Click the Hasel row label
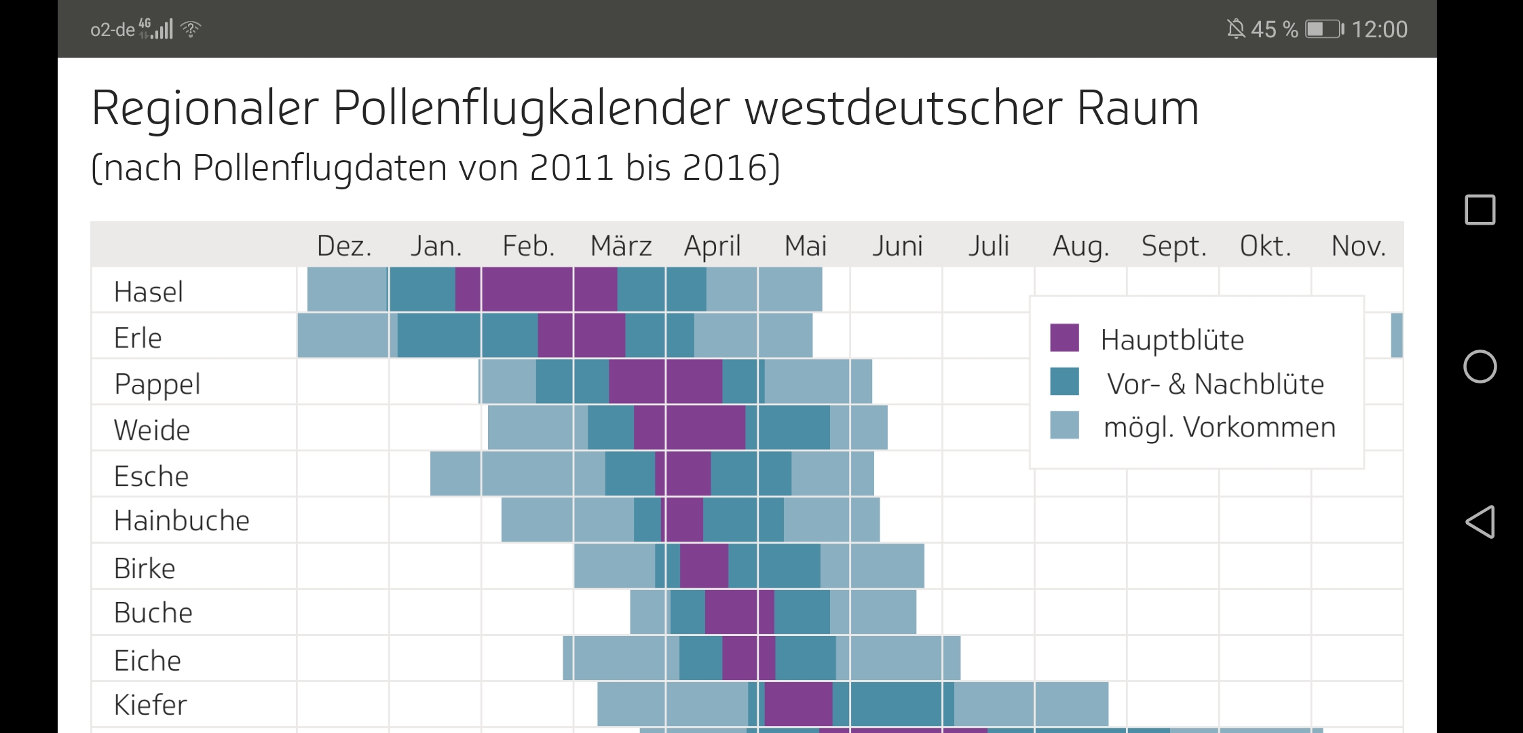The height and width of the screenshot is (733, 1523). tap(148, 292)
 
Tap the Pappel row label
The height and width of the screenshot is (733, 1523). tap(157, 384)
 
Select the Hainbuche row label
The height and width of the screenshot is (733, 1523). tap(181, 521)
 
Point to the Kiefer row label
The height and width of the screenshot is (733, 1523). tap(150, 705)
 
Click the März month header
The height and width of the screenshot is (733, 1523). tap(620, 246)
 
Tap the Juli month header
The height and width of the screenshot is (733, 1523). tap(988, 246)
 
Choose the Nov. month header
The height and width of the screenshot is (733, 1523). tap(1357, 246)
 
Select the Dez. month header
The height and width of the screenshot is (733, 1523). tap(344, 246)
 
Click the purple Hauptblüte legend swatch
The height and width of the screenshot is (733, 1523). tap(1064, 338)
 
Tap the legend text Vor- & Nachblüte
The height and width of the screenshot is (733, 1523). tap(1215, 384)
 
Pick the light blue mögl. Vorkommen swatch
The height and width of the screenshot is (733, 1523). tap(1064, 426)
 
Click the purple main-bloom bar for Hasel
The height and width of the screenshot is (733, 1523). tap(536, 290)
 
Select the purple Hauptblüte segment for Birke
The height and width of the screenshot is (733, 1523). tap(704, 566)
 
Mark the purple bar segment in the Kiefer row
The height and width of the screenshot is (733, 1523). tap(798, 704)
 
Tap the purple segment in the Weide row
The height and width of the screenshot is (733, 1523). tap(690, 428)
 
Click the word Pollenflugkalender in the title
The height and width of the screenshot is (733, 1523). tap(531, 109)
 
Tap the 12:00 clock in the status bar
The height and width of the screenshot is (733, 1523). tap(1379, 29)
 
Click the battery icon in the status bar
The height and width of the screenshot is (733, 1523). tap(1324, 29)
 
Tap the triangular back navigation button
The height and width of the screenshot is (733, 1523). tap(1480, 522)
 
